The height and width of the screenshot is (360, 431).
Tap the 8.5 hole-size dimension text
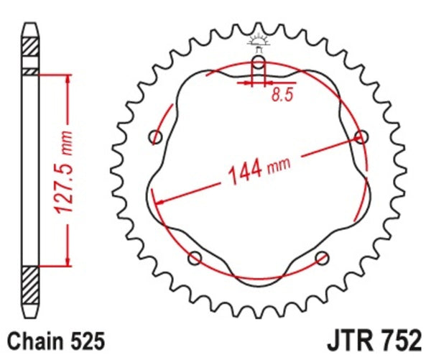pos(282,95)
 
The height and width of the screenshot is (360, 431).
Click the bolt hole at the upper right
pos(361,137)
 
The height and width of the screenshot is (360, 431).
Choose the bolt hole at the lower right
pos(321,257)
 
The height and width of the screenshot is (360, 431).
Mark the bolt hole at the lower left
pos(194,257)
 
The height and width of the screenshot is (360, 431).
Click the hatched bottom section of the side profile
pos(29,287)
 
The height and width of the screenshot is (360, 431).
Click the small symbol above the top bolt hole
pos(258,40)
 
